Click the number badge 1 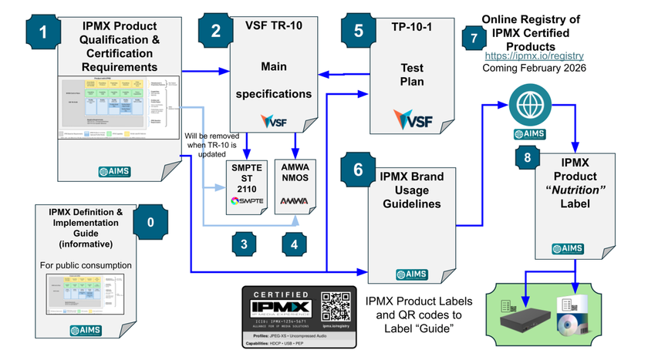click(43, 32)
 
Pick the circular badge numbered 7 click(473, 38)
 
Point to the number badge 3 click(244, 244)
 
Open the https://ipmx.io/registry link click(534, 56)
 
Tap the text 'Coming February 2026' click(534, 68)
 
